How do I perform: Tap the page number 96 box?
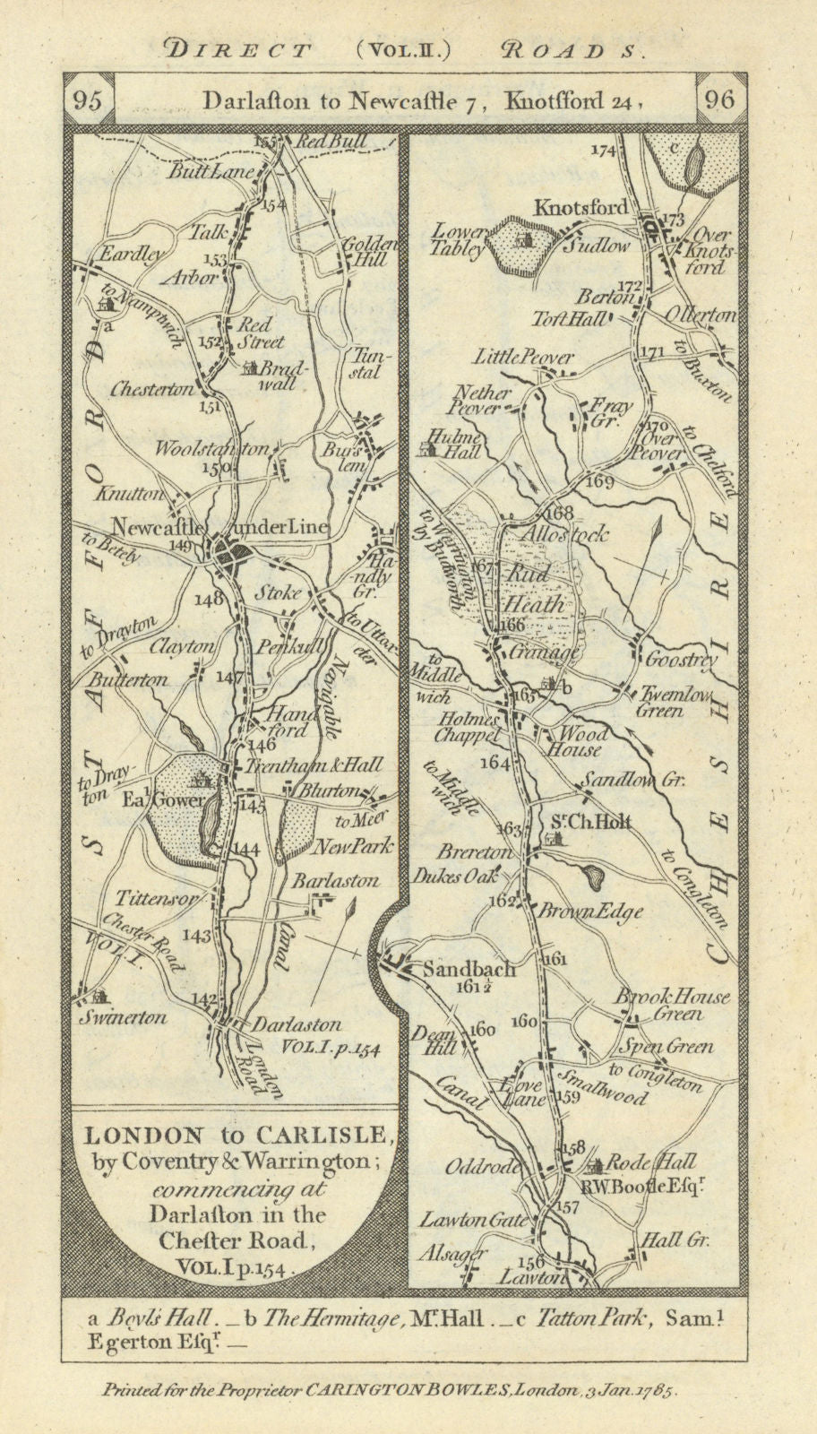pos(721,100)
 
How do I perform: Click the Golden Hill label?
pos(365,250)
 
